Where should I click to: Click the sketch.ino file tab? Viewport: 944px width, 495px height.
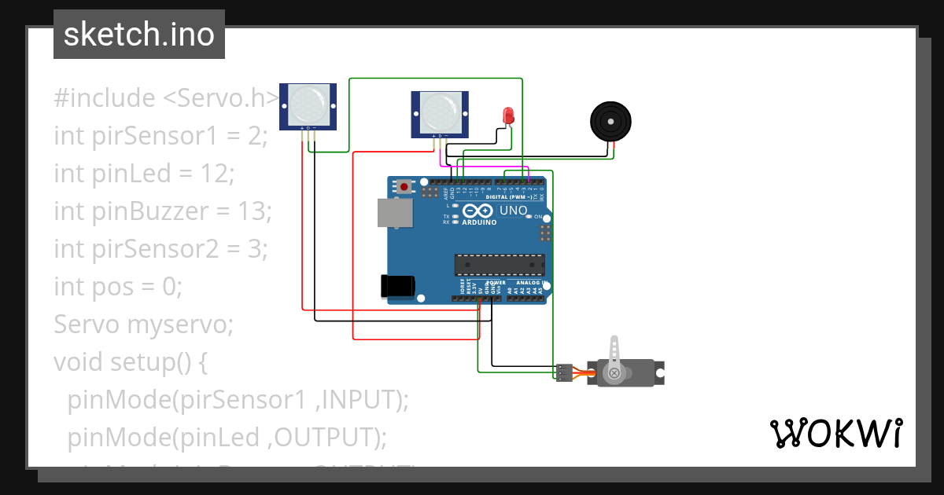[138, 35]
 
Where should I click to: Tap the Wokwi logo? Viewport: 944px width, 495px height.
[835, 433]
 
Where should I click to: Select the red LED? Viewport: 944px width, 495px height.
[507, 116]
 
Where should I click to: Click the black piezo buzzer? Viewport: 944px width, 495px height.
[611, 122]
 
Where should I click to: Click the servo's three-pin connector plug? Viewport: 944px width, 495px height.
[564, 372]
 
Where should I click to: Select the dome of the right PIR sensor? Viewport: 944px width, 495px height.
[440, 112]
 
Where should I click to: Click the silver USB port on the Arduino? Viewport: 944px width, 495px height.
[396, 213]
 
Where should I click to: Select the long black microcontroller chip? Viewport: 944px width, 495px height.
[499, 266]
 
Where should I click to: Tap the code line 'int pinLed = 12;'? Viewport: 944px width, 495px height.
[144, 173]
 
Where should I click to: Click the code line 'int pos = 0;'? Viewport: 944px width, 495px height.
[118, 286]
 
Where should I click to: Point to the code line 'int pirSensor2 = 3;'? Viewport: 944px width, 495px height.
[161, 248]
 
